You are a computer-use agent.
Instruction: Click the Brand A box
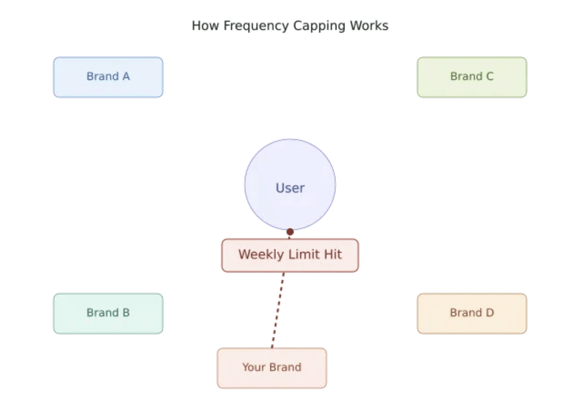[x=108, y=77]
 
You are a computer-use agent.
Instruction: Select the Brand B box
[x=108, y=313]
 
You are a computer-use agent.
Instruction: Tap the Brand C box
[x=472, y=77]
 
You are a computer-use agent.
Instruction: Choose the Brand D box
[x=472, y=313]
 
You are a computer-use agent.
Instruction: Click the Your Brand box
[x=271, y=368]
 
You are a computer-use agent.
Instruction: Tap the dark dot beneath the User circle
[x=290, y=232]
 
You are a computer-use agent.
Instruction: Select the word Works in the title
[x=369, y=25]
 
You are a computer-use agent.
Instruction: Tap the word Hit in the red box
[x=332, y=254]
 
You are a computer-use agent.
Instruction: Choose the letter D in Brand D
[x=489, y=313]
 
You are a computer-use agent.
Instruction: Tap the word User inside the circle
[x=290, y=188]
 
